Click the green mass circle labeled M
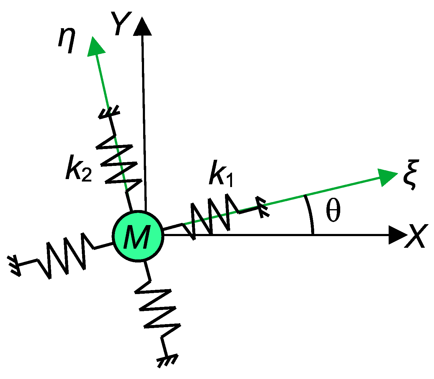tap(138, 236)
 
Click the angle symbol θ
tap(333, 212)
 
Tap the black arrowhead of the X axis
tap(397, 235)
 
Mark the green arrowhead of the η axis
tap(95, 46)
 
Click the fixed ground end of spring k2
tap(109, 113)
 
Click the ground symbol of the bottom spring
tap(167, 360)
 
